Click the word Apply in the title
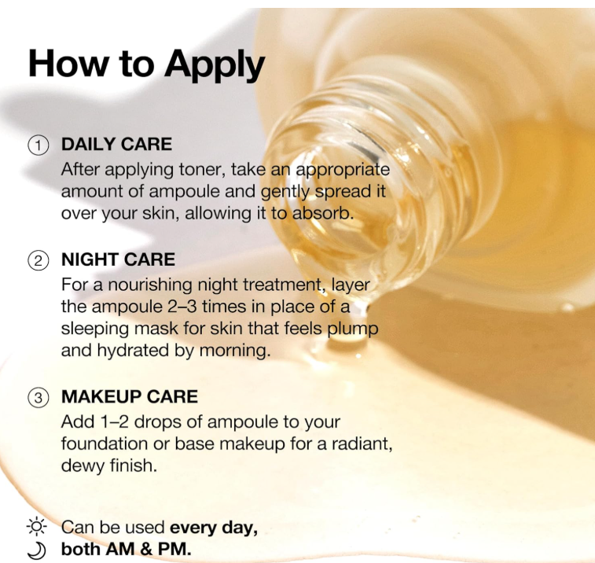click(x=214, y=65)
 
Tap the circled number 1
click(x=38, y=145)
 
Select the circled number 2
click(x=38, y=261)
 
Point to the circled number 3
click(x=38, y=398)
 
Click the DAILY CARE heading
click(x=116, y=144)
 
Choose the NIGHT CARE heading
click(x=118, y=259)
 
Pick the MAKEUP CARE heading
click(x=130, y=396)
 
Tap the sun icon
click(x=37, y=527)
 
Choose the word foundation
click(x=105, y=443)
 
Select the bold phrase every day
click(x=214, y=528)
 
